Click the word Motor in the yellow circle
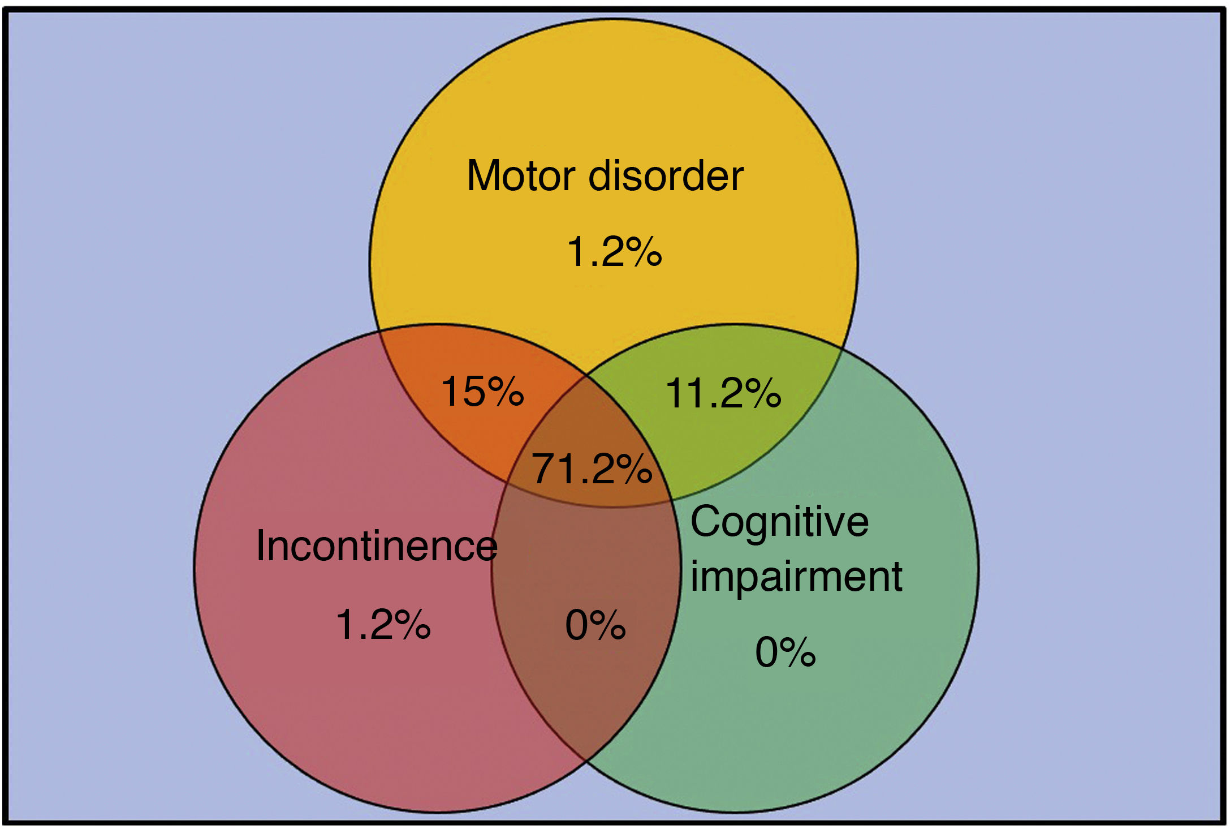(x=521, y=176)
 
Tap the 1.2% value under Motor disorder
(x=614, y=251)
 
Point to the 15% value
(x=482, y=391)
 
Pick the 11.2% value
(x=723, y=393)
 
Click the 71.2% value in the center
(x=592, y=469)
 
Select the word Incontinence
(x=376, y=546)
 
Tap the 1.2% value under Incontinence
(x=383, y=625)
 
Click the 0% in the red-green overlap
(x=595, y=625)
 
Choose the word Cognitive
(x=779, y=522)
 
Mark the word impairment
(x=796, y=577)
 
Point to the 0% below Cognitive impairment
(x=786, y=652)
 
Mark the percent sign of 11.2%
(x=763, y=393)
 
